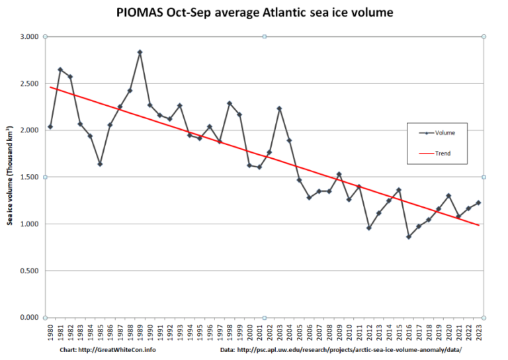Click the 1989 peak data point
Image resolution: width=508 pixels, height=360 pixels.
pyautogui.click(x=140, y=52)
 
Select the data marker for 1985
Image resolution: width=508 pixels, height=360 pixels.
pyautogui.click(x=100, y=164)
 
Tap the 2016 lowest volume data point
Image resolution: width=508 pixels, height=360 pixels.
pyautogui.click(x=409, y=237)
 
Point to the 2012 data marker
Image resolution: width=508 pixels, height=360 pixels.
pyautogui.click(x=368, y=228)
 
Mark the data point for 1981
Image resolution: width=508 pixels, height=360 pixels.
pyautogui.click(x=60, y=69)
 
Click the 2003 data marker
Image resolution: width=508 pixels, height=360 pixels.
pyautogui.click(x=279, y=109)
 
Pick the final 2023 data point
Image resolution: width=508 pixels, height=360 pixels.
pyautogui.click(x=478, y=202)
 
